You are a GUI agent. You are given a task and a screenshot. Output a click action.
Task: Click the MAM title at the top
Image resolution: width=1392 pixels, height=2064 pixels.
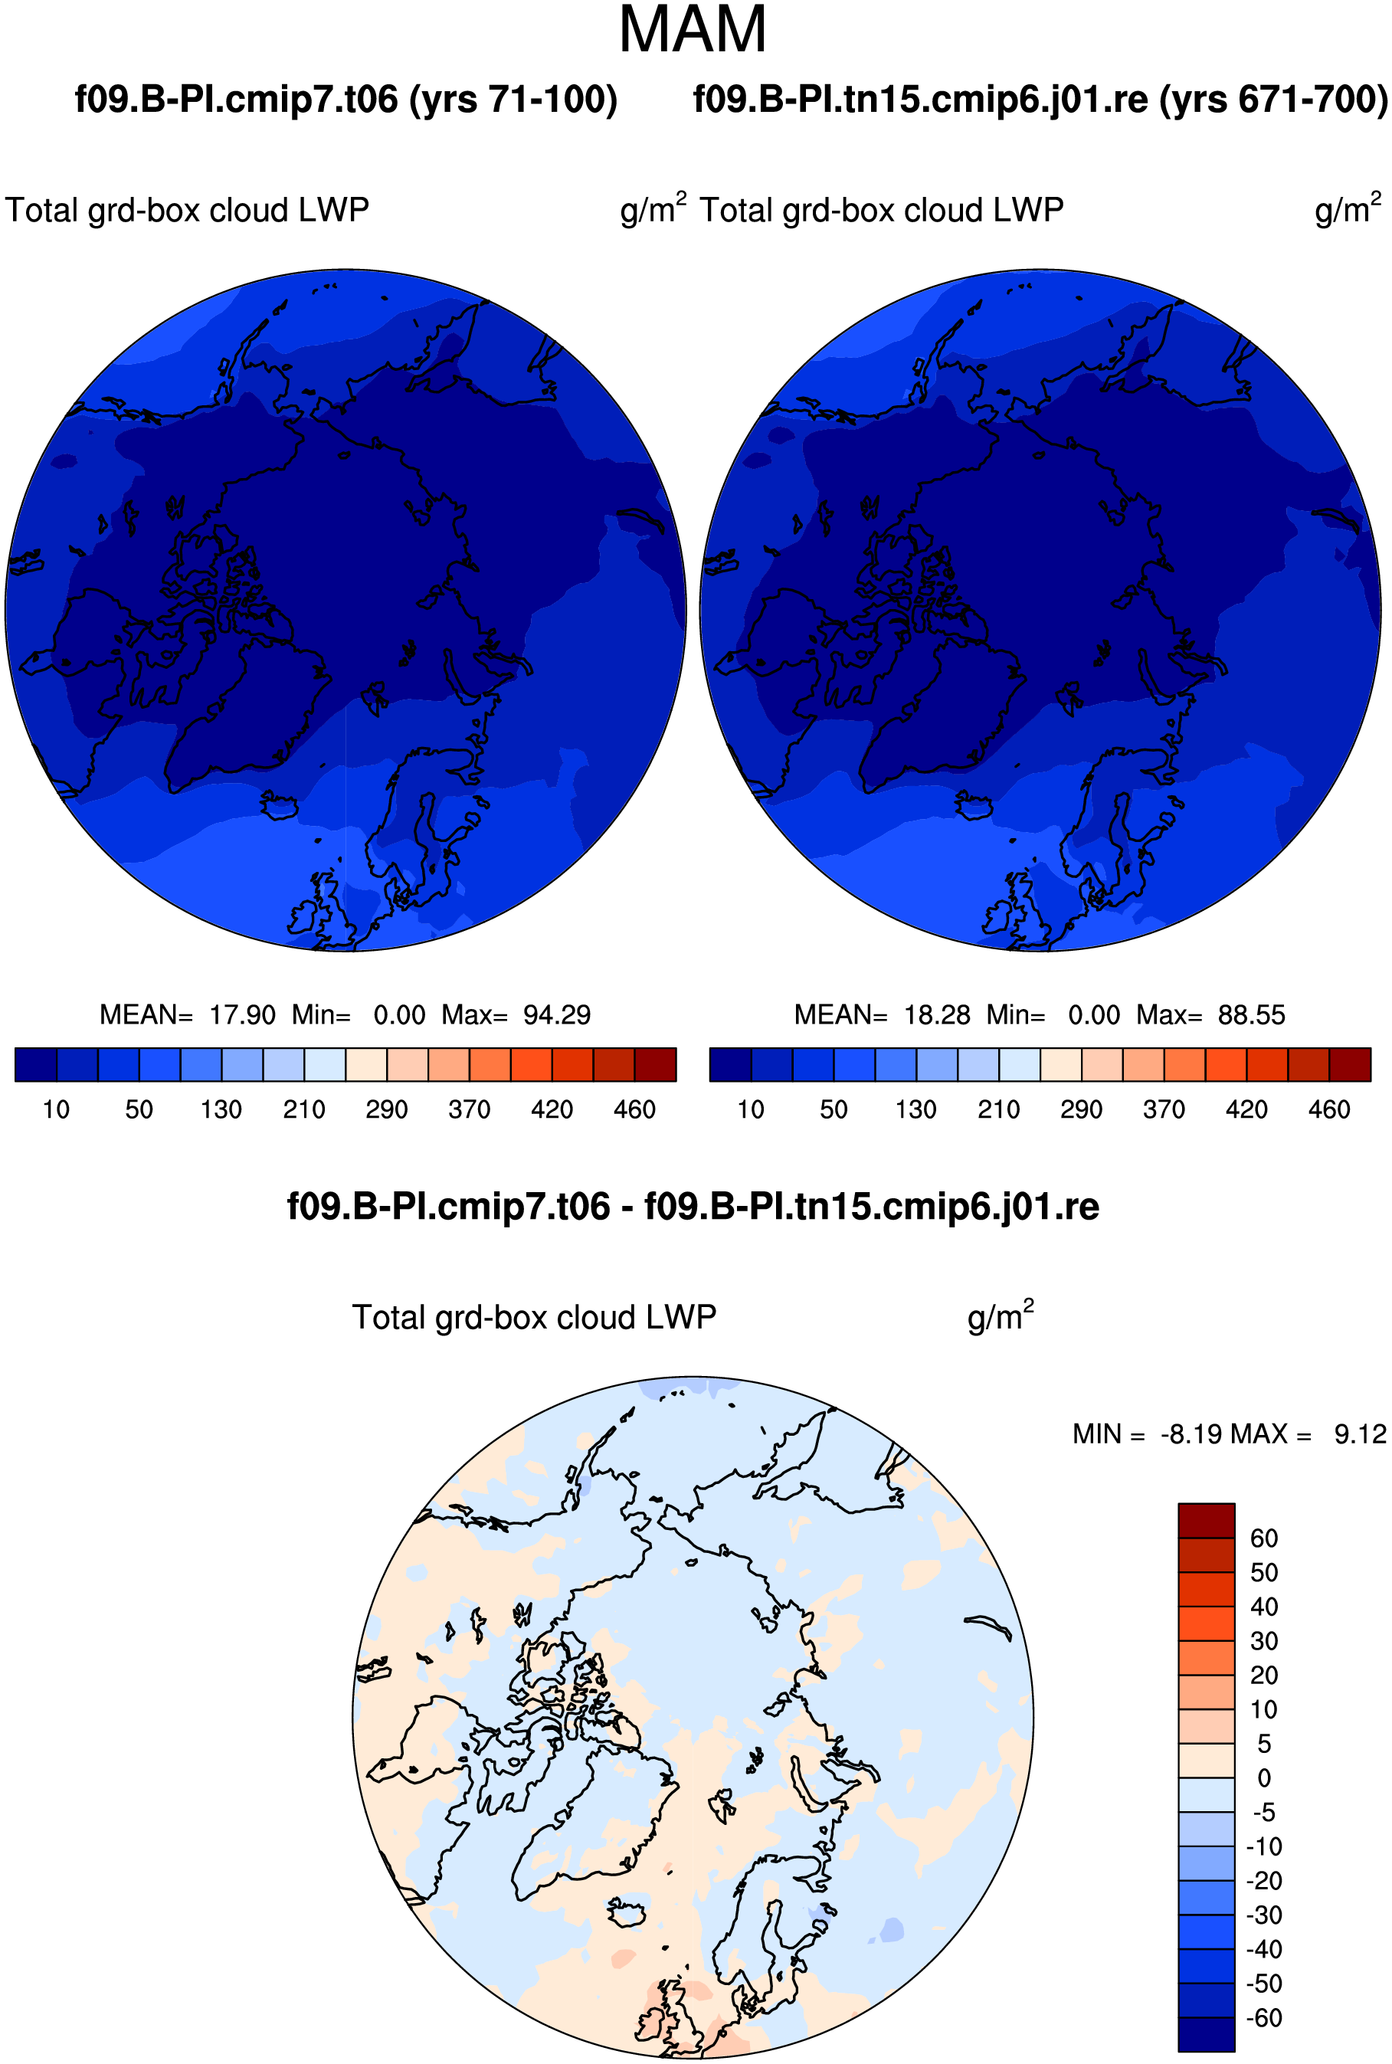click(693, 30)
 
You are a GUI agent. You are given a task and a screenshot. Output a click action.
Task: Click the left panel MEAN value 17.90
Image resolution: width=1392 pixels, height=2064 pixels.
click(242, 1014)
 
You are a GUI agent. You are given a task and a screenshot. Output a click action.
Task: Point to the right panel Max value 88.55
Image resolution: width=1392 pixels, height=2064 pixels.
click(1252, 1014)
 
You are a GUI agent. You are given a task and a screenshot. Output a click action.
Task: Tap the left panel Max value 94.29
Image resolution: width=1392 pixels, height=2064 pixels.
click(557, 1014)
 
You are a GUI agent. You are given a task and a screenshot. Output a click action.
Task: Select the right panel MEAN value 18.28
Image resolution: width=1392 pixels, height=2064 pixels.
click(938, 1014)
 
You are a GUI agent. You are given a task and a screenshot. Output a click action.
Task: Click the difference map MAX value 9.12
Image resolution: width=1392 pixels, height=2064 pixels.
click(1360, 1433)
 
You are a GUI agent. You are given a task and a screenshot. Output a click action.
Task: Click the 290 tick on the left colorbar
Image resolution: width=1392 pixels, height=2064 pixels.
click(387, 1109)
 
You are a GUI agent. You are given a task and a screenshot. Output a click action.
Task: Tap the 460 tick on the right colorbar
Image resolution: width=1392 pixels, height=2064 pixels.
click(1329, 1109)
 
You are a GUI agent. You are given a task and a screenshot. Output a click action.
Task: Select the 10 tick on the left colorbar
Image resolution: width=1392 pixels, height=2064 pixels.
click(56, 1109)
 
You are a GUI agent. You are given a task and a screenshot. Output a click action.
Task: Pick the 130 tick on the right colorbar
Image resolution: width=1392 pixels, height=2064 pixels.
click(916, 1109)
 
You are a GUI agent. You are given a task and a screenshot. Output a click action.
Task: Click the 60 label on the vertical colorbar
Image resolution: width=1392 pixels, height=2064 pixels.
click(1264, 1538)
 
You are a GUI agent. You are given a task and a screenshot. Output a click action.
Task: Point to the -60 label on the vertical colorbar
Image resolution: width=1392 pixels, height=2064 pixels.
click(1264, 2018)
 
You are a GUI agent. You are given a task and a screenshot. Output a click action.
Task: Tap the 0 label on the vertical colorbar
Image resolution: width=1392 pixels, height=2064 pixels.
click(1264, 1778)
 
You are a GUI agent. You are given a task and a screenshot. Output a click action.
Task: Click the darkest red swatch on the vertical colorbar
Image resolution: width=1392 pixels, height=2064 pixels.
click(1207, 1520)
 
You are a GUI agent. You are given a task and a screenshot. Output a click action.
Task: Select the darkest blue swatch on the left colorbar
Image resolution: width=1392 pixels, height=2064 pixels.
click(37, 1064)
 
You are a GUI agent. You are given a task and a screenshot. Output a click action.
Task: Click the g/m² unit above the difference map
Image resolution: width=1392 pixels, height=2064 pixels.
click(1001, 1316)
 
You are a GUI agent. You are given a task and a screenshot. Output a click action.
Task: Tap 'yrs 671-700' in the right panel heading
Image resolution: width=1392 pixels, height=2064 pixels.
click(1273, 100)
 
